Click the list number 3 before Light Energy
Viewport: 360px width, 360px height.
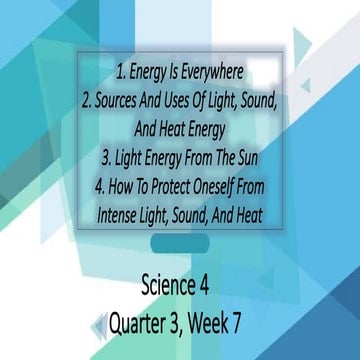[x=108, y=157]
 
